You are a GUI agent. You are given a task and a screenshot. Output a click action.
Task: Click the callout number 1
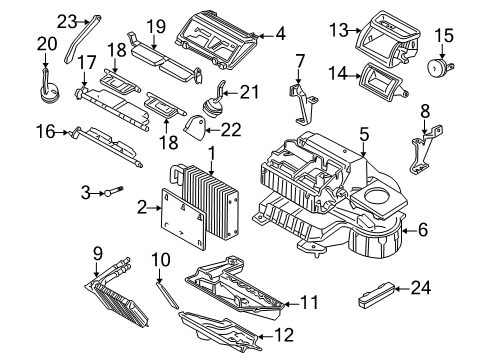pyautogui.click(x=212, y=151)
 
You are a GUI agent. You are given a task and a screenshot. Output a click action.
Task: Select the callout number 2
pyautogui.click(x=142, y=207)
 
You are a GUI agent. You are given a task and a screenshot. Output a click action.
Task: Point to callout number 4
pyautogui.click(x=281, y=34)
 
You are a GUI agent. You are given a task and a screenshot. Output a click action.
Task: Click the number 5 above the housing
pyautogui.click(x=365, y=132)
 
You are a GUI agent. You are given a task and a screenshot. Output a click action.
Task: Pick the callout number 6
pyautogui.click(x=422, y=230)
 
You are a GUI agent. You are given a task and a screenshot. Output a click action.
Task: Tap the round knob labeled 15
pyautogui.click(x=437, y=69)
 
